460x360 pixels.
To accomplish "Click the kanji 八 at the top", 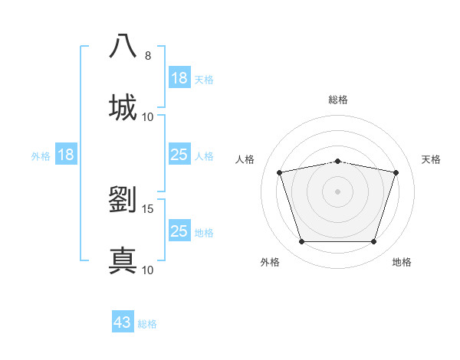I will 123,46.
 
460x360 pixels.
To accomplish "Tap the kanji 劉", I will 123,199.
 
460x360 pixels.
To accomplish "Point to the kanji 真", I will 123,260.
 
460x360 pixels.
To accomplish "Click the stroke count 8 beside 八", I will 148,56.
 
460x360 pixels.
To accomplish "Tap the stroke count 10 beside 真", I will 148,270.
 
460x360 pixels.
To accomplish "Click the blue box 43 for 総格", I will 123,322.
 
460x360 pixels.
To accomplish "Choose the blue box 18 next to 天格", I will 179,78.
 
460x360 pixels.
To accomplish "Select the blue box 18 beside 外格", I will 65,155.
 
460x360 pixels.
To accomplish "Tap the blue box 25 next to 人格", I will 179,155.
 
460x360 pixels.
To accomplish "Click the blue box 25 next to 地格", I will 179,231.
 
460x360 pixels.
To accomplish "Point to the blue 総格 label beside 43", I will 147,324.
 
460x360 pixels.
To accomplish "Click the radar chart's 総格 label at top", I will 338,100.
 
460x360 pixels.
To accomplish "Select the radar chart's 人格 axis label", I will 245,159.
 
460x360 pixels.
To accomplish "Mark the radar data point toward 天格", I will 396,173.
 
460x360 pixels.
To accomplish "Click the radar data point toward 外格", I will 301,242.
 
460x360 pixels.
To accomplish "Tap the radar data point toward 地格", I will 373,242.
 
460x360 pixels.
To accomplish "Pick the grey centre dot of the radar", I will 337,191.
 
